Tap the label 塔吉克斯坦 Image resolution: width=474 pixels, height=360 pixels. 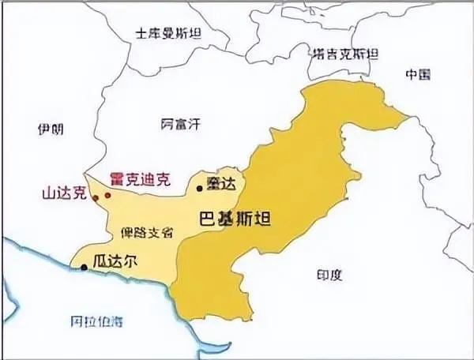point(344,54)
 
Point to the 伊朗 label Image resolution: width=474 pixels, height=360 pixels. point(50,129)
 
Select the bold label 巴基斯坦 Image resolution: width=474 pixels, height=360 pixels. point(234,219)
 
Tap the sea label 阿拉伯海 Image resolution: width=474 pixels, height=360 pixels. point(97,321)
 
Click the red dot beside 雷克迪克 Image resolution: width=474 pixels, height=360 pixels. point(107,194)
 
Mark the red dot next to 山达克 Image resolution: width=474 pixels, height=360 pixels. point(95,197)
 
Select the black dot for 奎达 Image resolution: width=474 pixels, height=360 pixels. point(199,189)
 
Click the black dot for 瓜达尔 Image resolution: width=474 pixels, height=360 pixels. point(84,268)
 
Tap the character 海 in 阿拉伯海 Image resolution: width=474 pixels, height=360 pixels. point(117,321)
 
